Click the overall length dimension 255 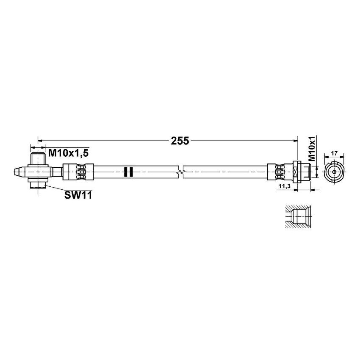[180, 141]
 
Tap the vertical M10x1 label [312, 149]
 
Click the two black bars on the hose [128, 172]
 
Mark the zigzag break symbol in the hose [181, 172]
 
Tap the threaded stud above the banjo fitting [38, 159]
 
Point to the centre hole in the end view [334, 172]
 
